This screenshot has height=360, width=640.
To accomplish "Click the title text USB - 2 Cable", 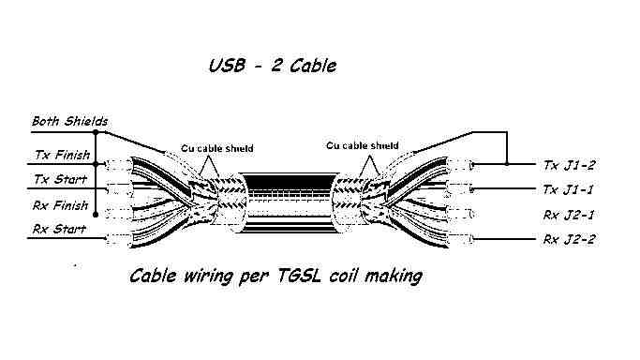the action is [273, 66].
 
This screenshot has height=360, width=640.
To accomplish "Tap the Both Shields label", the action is [69, 121].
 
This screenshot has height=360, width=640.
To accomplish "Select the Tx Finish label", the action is [63, 155].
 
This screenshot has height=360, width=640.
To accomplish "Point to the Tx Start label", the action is [60, 179].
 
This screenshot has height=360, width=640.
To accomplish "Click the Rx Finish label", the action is [60, 205].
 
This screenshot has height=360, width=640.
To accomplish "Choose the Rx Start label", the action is [59, 229].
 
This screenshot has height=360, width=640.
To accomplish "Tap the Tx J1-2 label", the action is [569, 165].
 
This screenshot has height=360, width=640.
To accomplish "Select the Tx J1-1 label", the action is [568, 189].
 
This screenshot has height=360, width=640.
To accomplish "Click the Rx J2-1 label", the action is [569, 215].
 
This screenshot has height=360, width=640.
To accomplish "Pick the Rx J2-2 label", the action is [569, 239].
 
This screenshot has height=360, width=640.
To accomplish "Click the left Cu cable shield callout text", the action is [217, 148].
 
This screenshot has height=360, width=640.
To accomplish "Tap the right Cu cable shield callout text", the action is [363, 145].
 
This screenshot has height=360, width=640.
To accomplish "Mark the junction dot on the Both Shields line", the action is [96, 132].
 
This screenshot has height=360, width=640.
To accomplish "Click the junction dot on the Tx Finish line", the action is [96, 164].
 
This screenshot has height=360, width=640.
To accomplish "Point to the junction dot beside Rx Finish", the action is [96, 215].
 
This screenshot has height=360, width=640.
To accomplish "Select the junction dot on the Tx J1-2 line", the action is [507, 164].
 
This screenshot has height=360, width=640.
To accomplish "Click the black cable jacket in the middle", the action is [289, 202].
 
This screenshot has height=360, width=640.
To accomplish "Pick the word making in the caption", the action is [394, 277].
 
